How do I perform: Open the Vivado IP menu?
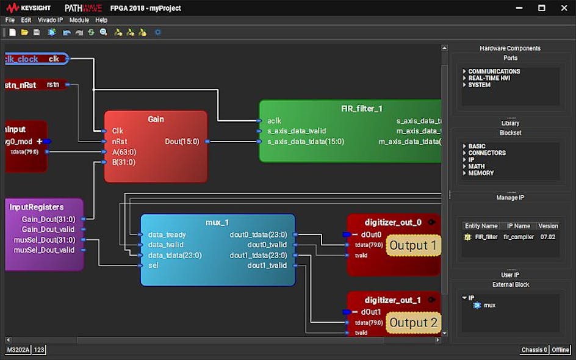[x=50, y=20]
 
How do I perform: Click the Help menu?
[x=101, y=20]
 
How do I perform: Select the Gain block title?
[x=156, y=119]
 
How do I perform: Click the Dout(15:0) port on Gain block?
[x=182, y=142]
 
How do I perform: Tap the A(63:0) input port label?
[x=124, y=152]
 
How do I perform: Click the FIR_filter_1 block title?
[x=362, y=109]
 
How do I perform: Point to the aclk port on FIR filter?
[x=274, y=121]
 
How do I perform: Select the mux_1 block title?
[x=217, y=223]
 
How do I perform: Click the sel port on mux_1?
[x=153, y=265]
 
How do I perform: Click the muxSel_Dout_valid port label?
[x=44, y=250]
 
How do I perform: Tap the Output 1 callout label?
[x=413, y=245]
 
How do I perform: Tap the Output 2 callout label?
[x=413, y=323]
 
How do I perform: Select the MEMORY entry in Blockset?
[x=481, y=173]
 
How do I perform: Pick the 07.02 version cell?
[x=547, y=237]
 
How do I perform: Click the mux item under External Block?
[x=489, y=305]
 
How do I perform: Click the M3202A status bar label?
[x=18, y=350]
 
